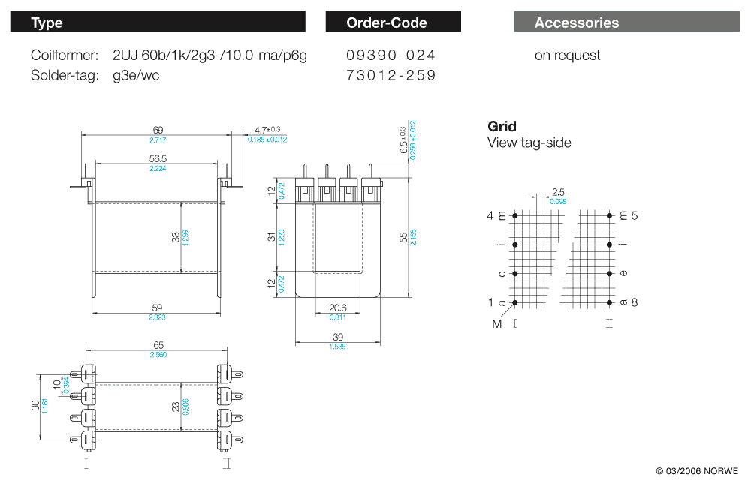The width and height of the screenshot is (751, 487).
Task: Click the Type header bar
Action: [158, 23]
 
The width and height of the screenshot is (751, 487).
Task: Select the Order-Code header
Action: [393, 23]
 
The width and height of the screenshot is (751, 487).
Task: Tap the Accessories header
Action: [627, 23]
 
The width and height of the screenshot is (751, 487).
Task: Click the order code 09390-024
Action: [391, 56]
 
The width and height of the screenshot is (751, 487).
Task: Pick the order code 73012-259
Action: [391, 75]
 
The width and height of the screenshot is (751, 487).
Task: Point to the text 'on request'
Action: [567, 56]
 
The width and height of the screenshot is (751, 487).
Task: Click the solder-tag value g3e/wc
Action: [136, 75]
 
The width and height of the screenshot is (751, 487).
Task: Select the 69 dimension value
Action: [158, 130]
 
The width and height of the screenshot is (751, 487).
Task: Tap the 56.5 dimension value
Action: [158, 158]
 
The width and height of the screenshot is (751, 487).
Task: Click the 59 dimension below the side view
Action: [158, 308]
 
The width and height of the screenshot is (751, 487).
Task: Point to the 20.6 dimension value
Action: [338, 308]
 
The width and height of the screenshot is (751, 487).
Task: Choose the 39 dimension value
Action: [337, 338]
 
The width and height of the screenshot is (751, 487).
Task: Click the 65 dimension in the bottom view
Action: [158, 344]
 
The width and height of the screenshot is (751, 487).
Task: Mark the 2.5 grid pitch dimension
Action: [558, 192]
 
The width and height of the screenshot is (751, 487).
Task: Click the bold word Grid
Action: [502, 126]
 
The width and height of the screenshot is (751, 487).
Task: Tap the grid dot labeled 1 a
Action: [515, 302]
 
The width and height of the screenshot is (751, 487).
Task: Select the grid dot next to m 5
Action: [608, 216]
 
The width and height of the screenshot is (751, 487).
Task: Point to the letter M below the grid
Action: [497, 324]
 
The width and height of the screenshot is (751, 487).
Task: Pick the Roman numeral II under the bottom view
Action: [227, 464]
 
